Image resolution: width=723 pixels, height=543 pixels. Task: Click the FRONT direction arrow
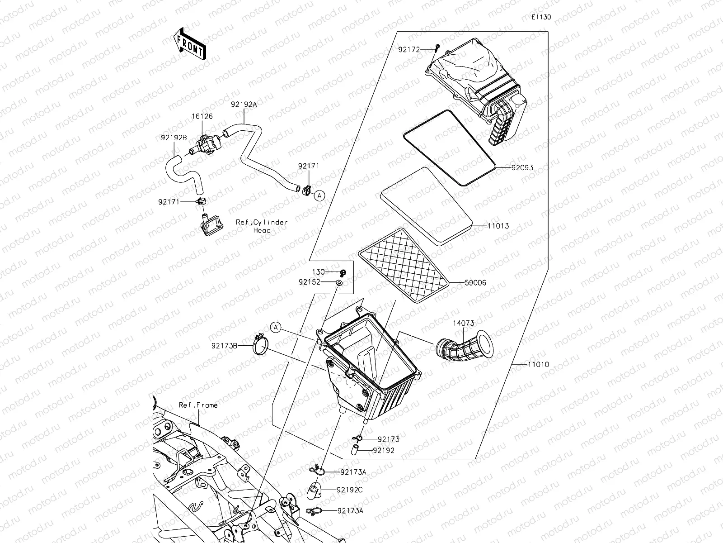tap(189, 44)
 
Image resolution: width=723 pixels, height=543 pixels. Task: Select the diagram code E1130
tap(541, 17)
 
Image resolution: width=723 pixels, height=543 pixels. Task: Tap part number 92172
tap(409, 49)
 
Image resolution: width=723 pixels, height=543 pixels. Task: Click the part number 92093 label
tap(522, 167)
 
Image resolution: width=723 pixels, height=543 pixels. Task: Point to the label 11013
tap(498, 225)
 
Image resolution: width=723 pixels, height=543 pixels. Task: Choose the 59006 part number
tap(475, 283)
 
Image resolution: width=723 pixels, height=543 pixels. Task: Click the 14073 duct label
tap(464, 323)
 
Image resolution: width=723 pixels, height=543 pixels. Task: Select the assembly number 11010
tap(538, 364)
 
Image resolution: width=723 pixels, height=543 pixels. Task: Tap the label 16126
tap(202, 116)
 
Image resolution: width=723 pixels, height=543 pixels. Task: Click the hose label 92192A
tap(244, 104)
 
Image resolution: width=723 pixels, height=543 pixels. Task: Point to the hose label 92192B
tap(173, 137)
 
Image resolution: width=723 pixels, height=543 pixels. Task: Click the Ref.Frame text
tap(198, 405)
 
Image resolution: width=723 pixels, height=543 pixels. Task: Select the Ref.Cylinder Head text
tap(262, 226)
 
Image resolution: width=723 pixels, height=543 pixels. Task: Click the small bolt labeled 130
tap(343, 272)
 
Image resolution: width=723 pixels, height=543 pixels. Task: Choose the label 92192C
tap(350, 490)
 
